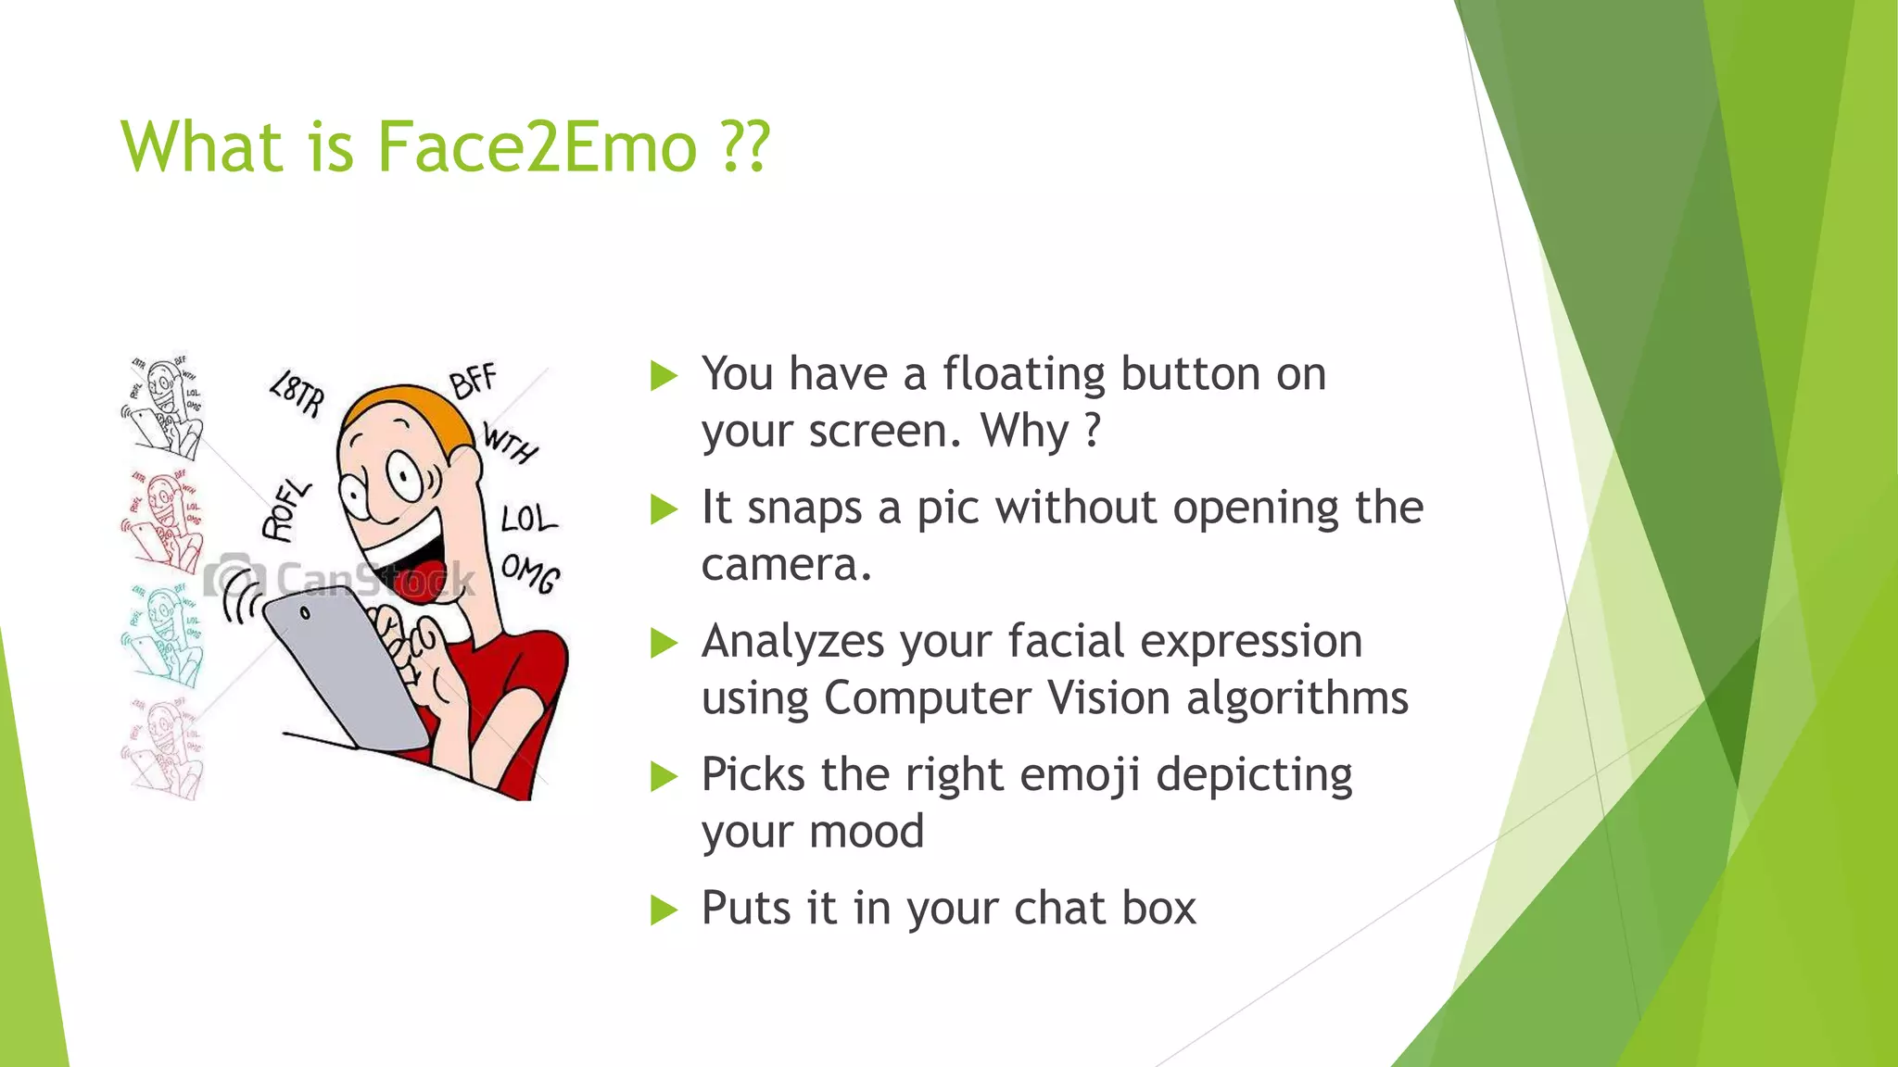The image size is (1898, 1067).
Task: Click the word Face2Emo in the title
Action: click(537, 147)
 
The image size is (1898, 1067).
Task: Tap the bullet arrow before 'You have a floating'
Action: click(664, 376)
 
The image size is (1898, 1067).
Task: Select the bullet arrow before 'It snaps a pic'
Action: click(664, 509)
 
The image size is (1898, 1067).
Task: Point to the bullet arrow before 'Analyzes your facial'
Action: click(664, 643)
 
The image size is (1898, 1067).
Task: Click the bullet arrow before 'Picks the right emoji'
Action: click(664, 776)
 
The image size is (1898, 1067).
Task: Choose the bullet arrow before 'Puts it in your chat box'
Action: click(664, 910)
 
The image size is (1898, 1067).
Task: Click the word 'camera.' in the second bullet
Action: click(787, 565)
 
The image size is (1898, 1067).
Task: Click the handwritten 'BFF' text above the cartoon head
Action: click(474, 380)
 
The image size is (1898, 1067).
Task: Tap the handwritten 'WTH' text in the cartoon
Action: click(510, 443)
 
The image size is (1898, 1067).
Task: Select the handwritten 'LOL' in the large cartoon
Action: click(528, 519)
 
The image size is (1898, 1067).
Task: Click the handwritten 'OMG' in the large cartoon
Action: click(530, 573)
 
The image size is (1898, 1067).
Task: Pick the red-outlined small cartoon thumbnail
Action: click(163, 521)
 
